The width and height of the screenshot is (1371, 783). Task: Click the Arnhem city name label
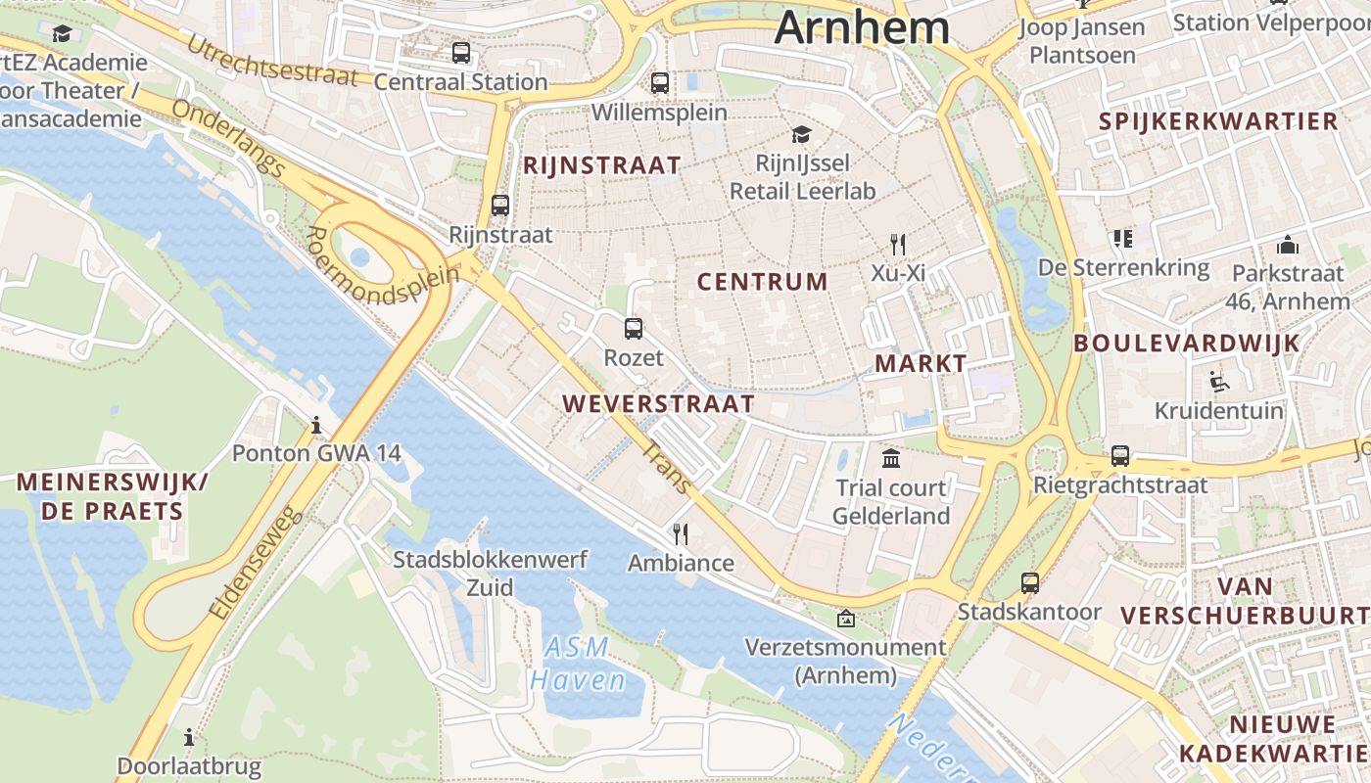tap(862, 26)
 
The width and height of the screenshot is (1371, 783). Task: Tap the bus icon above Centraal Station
tap(461, 53)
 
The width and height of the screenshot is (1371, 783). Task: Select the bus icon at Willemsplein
tap(660, 83)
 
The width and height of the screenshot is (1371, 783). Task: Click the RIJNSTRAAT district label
tap(601, 165)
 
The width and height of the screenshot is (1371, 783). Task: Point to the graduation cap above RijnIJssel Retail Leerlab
tap(802, 134)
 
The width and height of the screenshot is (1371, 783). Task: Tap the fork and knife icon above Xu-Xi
tap(898, 244)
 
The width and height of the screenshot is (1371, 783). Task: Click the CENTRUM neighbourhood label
tap(762, 283)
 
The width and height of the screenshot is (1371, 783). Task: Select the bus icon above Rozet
tap(634, 329)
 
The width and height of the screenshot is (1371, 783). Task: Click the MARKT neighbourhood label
tap(921, 364)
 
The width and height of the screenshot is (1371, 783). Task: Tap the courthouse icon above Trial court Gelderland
tap(891, 458)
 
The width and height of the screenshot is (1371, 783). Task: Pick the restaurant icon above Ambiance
tap(681, 533)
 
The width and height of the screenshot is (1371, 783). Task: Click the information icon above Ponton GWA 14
tap(316, 426)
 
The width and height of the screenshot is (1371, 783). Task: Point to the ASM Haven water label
tap(578, 664)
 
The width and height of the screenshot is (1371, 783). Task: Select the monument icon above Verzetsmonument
tap(845, 619)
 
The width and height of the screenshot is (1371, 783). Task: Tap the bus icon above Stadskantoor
tap(1030, 583)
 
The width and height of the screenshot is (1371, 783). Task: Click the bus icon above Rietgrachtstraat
tap(1120, 456)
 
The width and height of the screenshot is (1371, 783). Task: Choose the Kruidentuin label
tap(1218, 411)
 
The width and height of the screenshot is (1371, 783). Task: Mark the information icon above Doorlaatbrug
tap(189, 737)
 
